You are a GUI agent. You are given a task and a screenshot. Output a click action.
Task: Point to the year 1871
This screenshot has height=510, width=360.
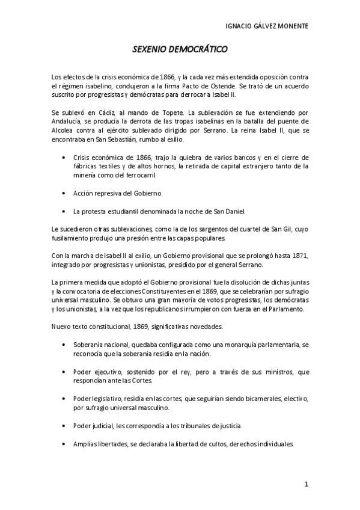click(299, 256)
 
